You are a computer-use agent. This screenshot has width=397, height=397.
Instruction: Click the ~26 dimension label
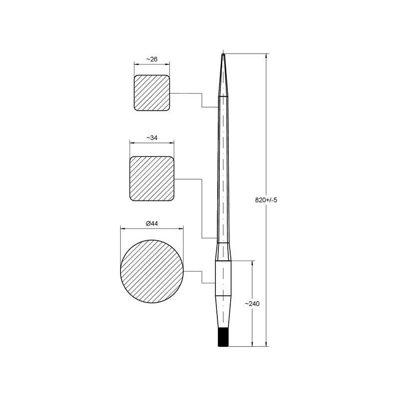pyautogui.click(x=152, y=59)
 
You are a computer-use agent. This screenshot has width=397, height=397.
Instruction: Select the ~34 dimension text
pyautogui.click(x=152, y=138)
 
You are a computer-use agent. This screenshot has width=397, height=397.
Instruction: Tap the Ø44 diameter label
pyautogui.click(x=152, y=224)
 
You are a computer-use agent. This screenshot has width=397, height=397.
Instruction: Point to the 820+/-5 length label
pyautogui.click(x=266, y=200)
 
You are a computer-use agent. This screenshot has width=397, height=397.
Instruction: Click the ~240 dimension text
pyautogui.click(x=252, y=304)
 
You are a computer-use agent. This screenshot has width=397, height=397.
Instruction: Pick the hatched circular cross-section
pyautogui.click(x=152, y=271)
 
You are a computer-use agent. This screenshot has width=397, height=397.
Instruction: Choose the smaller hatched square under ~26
pyautogui.click(x=152, y=93)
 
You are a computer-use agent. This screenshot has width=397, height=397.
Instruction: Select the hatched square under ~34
pyautogui.click(x=152, y=179)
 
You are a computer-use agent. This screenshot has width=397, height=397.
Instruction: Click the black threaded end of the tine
pyautogui.click(x=223, y=337)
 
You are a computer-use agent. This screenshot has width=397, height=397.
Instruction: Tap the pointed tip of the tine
pyautogui.click(x=223, y=54)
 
